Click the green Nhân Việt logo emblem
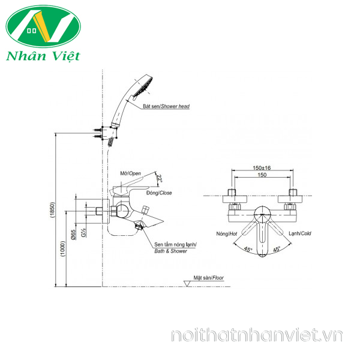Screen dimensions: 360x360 43,27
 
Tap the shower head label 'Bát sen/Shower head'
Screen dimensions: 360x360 166,106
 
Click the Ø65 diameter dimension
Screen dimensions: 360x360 73,236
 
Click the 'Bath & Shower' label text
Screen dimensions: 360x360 171,251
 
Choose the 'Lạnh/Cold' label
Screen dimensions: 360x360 299,233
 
